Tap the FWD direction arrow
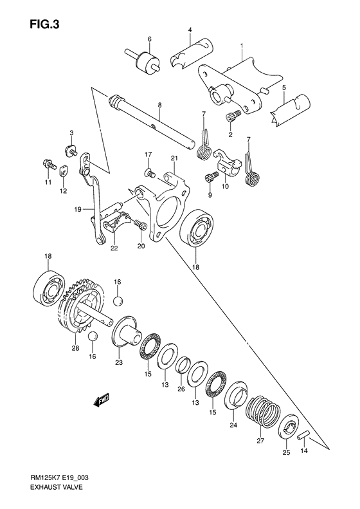101,401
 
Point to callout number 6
149,39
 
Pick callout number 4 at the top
191,30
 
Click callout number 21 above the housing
174,158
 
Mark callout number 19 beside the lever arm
77,208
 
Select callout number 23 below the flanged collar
118,362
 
